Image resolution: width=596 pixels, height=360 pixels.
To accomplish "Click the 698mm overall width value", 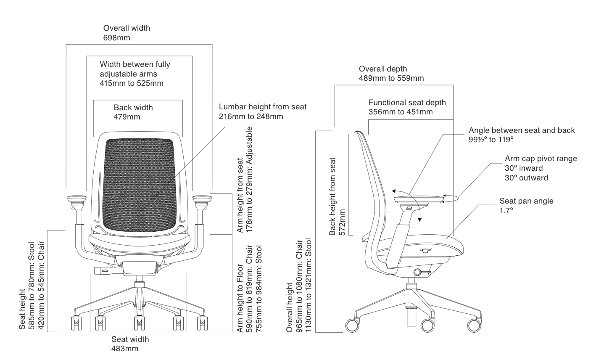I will [x=117, y=38].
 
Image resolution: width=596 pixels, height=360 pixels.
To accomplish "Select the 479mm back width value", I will [x=127, y=117].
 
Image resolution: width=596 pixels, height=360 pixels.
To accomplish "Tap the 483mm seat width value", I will [x=125, y=348].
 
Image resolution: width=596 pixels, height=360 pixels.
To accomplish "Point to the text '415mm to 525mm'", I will [x=132, y=83].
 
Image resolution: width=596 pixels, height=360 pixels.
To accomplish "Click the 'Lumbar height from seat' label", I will [x=263, y=107].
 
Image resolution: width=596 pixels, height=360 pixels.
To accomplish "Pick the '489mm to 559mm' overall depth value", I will [x=391, y=78].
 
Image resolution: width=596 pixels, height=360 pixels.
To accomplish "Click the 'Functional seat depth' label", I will [x=407, y=103].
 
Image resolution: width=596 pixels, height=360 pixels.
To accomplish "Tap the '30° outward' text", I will [x=526, y=178].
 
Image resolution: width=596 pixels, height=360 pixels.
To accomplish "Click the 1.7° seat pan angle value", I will [x=506, y=210].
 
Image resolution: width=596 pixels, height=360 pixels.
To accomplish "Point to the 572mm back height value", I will [x=342, y=222].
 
